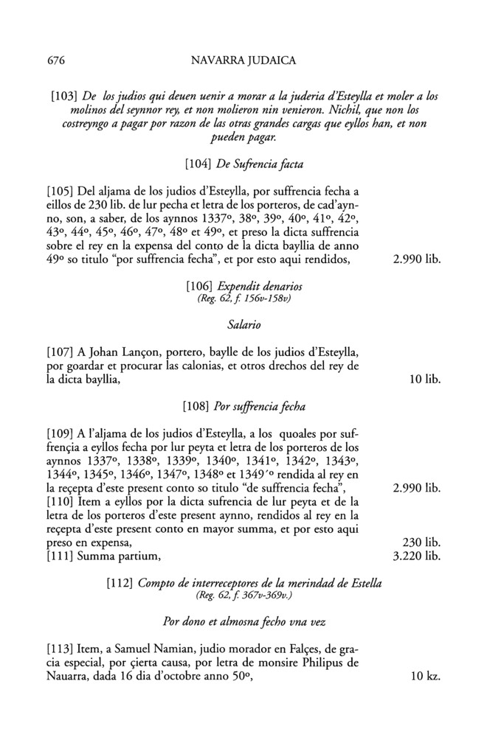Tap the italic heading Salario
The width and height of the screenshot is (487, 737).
(x=243, y=324)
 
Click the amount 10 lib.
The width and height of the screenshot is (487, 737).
(x=424, y=380)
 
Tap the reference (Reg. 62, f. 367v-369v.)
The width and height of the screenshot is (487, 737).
(x=243, y=595)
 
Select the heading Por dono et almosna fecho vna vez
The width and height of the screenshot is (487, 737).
(x=243, y=621)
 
